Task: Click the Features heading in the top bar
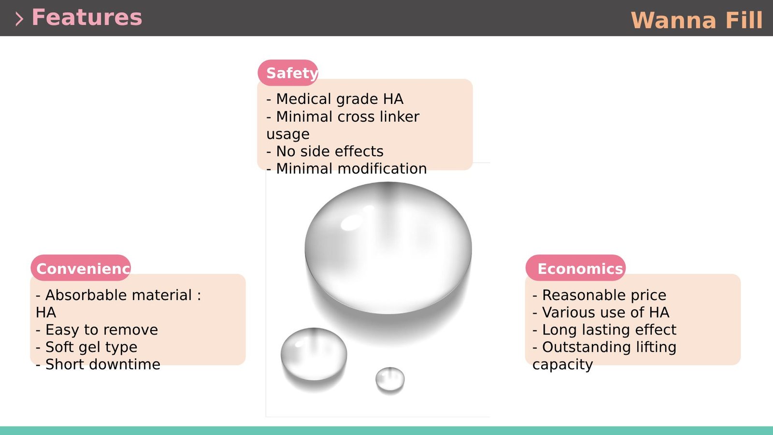click(x=86, y=17)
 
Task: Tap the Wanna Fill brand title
click(x=696, y=20)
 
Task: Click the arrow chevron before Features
click(x=19, y=19)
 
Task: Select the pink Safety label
click(x=288, y=72)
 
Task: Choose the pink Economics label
click(x=575, y=268)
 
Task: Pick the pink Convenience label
click(x=81, y=268)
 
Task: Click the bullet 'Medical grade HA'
click(x=335, y=99)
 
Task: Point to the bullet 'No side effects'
click(x=325, y=151)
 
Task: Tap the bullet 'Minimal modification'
click(x=346, y=169)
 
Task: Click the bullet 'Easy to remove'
click(x=97, y=330)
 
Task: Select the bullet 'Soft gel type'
click(x=86, y=347)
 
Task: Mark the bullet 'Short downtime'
click(x=98, y=364)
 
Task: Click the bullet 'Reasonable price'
click(x=599, y=295)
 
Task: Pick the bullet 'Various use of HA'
click(x=601, y=312)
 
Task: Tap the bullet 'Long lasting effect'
click(x=604, y=330)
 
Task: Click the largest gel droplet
click(x=388, y=248)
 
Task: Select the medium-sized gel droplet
click(x=314, y=354)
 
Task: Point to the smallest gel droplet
click(x=390, y=379)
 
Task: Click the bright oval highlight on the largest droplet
click(x=351, y=222)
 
